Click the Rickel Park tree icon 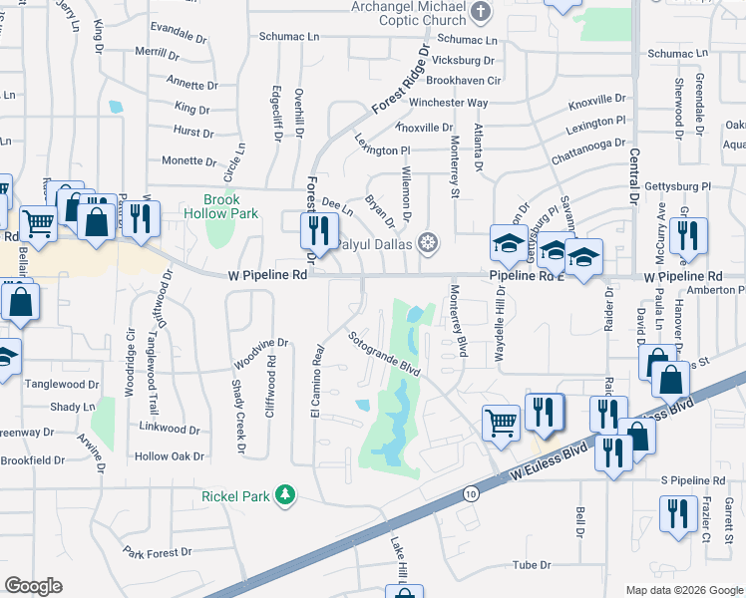286,494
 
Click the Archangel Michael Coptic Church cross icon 481,13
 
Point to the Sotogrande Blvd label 384,353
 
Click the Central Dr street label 632,175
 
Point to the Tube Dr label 531,565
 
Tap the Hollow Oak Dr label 170,456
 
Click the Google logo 33,586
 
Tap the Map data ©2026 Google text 683,590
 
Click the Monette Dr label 188,160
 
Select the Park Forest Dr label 158,553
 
